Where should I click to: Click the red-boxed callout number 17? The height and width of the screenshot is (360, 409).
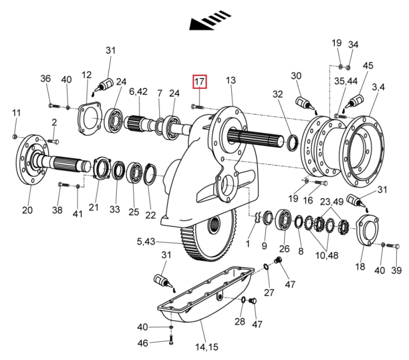200,82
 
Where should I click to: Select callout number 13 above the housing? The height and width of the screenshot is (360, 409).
231,81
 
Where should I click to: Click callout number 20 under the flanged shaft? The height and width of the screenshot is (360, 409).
27,210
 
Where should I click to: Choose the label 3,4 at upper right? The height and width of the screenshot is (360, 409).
378,87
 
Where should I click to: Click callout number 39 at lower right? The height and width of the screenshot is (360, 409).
396,271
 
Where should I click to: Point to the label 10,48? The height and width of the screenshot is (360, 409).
326,254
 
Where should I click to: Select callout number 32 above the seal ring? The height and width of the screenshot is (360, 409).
278,94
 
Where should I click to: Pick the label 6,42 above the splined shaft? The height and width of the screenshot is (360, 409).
138,92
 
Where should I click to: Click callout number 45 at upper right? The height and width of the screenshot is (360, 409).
368,65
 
